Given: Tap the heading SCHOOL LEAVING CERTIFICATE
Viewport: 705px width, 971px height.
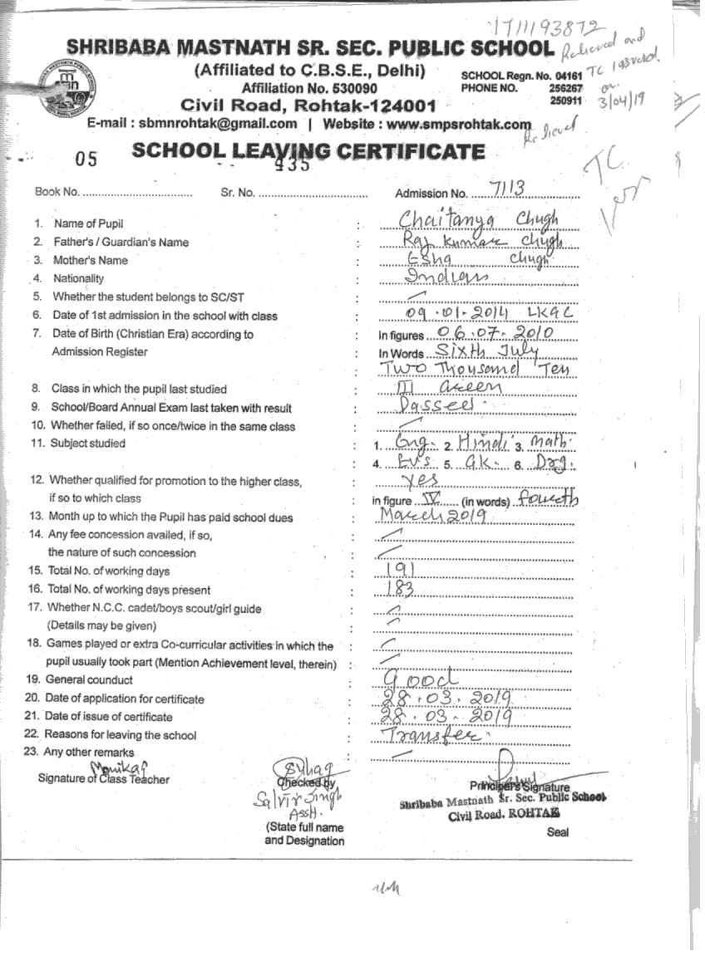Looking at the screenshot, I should (x=308, y=151).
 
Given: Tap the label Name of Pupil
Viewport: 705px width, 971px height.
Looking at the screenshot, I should (x=88, y=224).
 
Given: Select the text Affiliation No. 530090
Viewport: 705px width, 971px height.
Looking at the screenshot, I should (x=309, y=88).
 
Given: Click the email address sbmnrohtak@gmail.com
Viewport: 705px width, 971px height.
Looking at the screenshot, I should (x=218, y=124).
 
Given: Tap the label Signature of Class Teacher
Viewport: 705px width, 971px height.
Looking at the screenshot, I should (x=103, y=779).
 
